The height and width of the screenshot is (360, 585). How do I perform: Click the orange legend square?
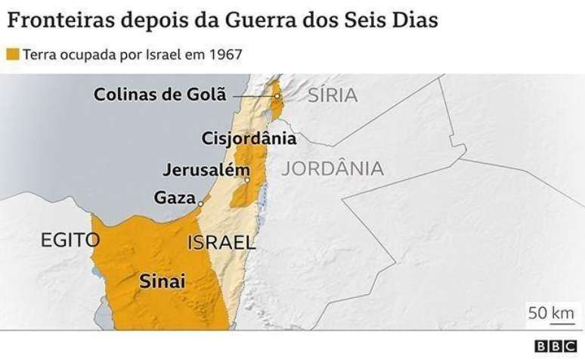12,55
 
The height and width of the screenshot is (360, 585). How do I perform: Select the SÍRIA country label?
333,95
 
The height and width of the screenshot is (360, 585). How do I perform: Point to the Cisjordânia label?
249,138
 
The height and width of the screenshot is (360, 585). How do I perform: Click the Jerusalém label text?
205,169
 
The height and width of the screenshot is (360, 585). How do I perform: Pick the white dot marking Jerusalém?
248,180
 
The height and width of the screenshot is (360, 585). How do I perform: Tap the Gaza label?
175,197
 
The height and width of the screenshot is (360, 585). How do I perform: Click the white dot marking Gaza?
201,203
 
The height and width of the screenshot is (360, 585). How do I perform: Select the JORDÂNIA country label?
333,169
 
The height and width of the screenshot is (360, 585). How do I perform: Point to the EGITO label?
70,241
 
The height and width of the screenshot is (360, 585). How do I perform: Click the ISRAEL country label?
221,243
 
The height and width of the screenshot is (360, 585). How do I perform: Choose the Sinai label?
162,281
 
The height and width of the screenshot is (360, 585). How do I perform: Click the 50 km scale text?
551,312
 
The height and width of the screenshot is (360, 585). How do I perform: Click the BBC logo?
556,346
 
